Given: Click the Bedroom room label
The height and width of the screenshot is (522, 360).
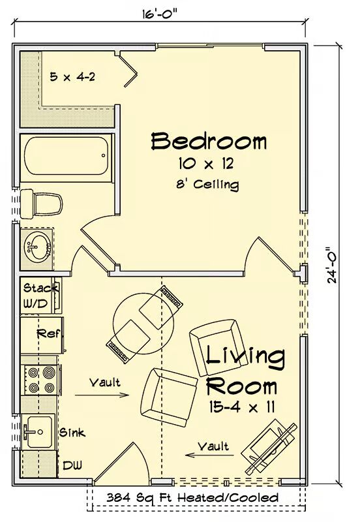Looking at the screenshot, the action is (x=209, y=141).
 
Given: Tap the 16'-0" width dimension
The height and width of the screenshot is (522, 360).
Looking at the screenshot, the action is (x=160, y=14).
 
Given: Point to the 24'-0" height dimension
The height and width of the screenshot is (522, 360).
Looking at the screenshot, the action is (x=332, y=265).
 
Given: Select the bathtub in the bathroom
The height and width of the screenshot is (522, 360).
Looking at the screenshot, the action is (x=67, y=156).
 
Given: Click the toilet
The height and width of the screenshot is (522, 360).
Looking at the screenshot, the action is (x=41, y=204).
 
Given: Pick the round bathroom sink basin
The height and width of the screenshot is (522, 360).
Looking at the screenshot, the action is (x=37, y=248).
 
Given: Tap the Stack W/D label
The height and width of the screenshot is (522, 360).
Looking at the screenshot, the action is (x=39, y=296).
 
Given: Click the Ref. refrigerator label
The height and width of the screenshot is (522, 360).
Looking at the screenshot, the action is (x=48, y=333).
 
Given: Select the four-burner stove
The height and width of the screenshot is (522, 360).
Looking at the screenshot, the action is (x=41, y=380).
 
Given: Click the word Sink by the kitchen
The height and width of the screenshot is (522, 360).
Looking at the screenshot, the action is (x=72, y=433).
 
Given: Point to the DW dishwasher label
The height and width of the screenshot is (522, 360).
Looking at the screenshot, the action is (x=72, y=465).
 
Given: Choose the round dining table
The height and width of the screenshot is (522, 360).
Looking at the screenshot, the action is (x=143, y=323).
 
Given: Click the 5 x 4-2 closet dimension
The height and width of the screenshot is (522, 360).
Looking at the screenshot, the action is (x=72, y=77).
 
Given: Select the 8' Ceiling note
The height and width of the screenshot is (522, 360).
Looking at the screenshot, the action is (x=207, y=185).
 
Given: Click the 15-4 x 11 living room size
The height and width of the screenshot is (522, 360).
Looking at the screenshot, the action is (x=241, y=407).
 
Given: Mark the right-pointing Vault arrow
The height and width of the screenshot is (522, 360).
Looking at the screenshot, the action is (x=102, y=395).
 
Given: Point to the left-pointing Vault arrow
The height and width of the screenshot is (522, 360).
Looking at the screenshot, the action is (x=209, y=454).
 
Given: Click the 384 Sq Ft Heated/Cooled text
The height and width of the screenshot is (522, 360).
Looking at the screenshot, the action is (x=192, y=498).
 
